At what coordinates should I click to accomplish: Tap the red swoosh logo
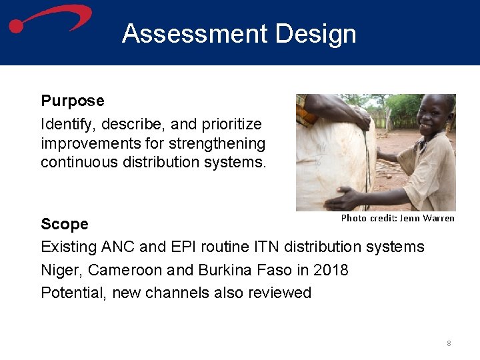(50, 18)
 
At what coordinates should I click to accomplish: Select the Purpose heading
(73, 101)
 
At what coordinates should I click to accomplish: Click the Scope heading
(65, 223)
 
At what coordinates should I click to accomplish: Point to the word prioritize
(229, 124)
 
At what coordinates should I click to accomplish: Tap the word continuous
(79, 162)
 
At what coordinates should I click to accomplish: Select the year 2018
(330, 270)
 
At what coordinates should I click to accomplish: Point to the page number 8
(449, 343)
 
